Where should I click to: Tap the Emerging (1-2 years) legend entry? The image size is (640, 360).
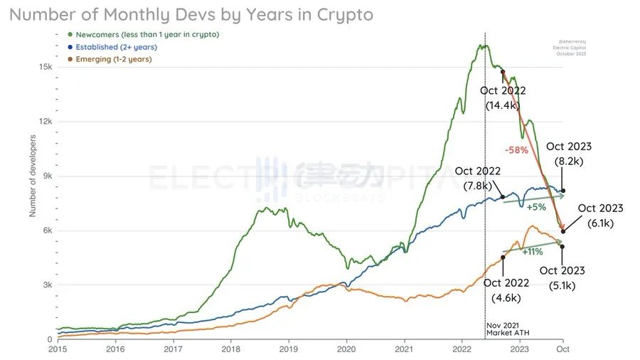[x=113, y=59]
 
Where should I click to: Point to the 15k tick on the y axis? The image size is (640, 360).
[x=45, y=67]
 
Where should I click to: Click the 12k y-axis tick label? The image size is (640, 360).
[x=45, y=122]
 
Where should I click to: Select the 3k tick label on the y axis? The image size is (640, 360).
[x=47, y=285]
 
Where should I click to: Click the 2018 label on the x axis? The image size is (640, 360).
[x=230, y=350]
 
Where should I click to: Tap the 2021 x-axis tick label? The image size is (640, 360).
[x=404, y=350]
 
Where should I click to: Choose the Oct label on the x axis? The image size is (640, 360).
[x=562, y=350]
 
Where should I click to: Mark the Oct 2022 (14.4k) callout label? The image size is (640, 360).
[x=503, y=97]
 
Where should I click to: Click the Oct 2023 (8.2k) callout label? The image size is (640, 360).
[x=569, y=154]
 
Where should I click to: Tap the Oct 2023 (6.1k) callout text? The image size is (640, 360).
[x=600, y=215]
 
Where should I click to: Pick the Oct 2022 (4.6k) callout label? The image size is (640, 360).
[x=506, y=290]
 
